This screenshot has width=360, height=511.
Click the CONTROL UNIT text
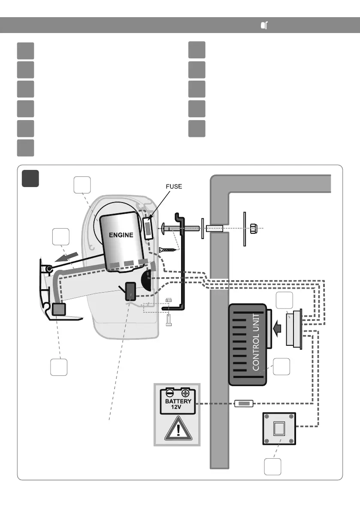[x=256, y=341]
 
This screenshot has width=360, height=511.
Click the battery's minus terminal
[x=170, y=392]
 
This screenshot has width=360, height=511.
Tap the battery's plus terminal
[x=185, y=392]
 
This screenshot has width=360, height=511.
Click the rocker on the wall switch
[x=279, y=429]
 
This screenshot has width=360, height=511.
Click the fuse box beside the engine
[x=148, y=228]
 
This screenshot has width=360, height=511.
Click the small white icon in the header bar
[x=264, y=26]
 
